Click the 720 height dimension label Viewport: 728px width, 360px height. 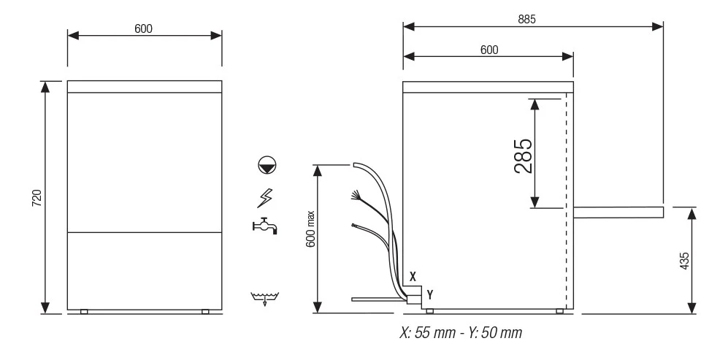[x=37, y=199]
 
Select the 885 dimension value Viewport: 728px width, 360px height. [x=526, y=19]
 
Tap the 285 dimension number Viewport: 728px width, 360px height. [x=524, y=156]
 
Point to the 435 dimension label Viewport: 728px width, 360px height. [x=684, y=261]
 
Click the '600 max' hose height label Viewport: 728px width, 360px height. [x=310, y=229]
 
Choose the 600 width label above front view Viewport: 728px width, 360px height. [x=143, y=28]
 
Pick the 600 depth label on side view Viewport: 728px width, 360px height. [x=489, y=50]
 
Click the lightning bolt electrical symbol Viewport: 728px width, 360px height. [x=264, y=198]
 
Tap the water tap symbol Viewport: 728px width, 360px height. [x=264, y=226]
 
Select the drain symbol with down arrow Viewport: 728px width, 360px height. [x=264, y=298]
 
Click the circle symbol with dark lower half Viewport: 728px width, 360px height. [x=267, y=165]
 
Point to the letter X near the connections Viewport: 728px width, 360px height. [x=413, y=277]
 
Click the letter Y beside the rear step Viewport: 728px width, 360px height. [x=430, y=294]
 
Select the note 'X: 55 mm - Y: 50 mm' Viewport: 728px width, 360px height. [x=461, y=332]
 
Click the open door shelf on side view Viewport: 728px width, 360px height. [x=618, y=212]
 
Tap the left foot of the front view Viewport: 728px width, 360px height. [x=84, y=312]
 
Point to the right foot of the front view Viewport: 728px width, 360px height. [x=205, y=312]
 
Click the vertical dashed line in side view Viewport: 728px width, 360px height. [x=566, y=201]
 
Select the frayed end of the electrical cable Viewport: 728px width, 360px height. [x=356, y=195]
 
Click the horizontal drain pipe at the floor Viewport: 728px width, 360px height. [x=379, y=299]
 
